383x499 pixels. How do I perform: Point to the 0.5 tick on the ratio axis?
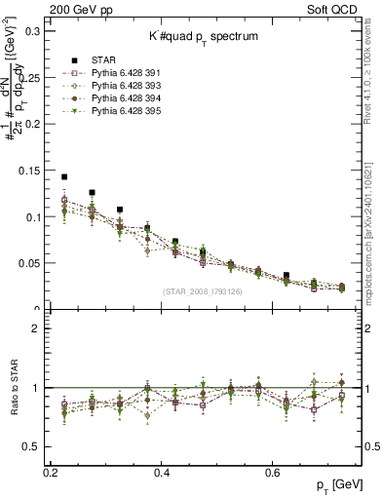coord(33,445)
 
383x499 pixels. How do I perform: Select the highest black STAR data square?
coord(64,177)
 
